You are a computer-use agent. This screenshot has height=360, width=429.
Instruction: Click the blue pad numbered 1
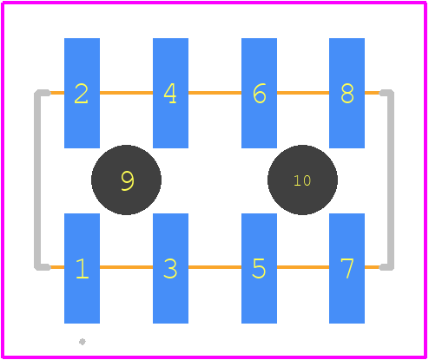(82, 268)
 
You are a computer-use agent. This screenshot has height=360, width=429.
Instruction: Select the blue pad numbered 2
(82, 93)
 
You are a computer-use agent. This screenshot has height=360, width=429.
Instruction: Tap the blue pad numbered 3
(170, 268)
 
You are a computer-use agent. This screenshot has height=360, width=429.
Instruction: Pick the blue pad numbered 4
(170, 93)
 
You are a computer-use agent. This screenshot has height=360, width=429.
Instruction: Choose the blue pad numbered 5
(259, 268)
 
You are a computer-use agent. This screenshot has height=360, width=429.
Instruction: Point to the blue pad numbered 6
(259, 93)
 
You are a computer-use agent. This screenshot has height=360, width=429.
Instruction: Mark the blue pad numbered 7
(346, 268)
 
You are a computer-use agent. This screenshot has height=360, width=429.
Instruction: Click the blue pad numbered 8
(346, 93)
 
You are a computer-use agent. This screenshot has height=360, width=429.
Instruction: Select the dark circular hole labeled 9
(126, 180)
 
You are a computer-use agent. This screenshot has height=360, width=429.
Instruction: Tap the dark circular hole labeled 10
(302, 180)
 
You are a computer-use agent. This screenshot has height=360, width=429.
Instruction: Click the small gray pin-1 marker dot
(82, 342)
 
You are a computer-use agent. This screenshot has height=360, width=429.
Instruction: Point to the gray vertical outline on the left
(37, 180)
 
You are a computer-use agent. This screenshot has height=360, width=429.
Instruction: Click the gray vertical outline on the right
(391, 180)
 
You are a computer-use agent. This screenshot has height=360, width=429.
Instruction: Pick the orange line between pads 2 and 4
(126, 93)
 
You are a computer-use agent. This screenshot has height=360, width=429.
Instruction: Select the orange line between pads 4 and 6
(214, 93)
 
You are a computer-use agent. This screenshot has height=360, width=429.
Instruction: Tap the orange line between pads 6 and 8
(303, 93)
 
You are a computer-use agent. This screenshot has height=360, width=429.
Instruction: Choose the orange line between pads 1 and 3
(126, 267)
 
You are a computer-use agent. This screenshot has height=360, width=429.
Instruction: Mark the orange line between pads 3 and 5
(214, 267)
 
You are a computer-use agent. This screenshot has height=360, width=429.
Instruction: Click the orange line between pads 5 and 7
(303, 267)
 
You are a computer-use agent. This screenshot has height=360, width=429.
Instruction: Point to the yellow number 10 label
(302, 180)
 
